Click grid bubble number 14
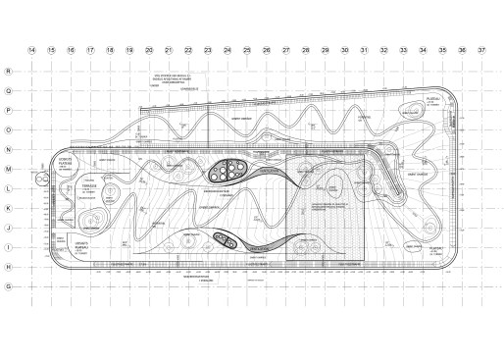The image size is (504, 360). [x=32, y=48]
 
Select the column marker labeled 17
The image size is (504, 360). [x=90, y=48]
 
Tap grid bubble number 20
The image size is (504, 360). [x=149, y=48]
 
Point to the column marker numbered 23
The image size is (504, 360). [x=208, y=48]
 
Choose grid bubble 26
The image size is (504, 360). [x=266, y=48]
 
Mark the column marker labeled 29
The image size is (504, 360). [x=325, y=48]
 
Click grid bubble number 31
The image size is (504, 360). [x=364, y=48]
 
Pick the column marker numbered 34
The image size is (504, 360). [x=423, y=48]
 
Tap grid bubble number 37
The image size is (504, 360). [x=481, y=48]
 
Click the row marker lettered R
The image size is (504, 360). [x=9, y=71]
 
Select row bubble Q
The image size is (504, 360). [x=9, y=91]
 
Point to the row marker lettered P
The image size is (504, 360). [x=9, y=110]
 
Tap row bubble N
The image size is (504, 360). [x=9, y=149]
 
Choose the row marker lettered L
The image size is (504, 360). [x=9, y=188]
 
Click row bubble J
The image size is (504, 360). [x=9, y=228]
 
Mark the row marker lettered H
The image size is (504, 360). [x=9, y=266]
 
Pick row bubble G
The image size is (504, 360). [x=9, y=285]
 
